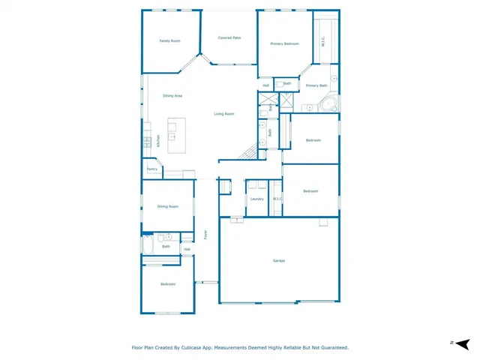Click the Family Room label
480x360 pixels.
point(169,40)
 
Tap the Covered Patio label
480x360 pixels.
point(229,37)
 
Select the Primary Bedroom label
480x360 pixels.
point(285,44)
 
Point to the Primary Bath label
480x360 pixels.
point(316,85)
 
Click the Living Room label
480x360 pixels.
point(224,114)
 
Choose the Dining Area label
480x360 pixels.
point(172,96)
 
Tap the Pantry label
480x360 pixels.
point(151,169)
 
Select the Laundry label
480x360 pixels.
point(256,199)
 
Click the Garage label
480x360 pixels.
point(279,260)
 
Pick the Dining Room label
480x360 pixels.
point(167,206)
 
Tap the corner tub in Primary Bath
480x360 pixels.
point(330,104)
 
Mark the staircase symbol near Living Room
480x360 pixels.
point(247,153)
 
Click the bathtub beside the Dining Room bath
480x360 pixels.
point(148,244)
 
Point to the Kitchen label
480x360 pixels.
point(158,140)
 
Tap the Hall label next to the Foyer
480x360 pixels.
point(187,249)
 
